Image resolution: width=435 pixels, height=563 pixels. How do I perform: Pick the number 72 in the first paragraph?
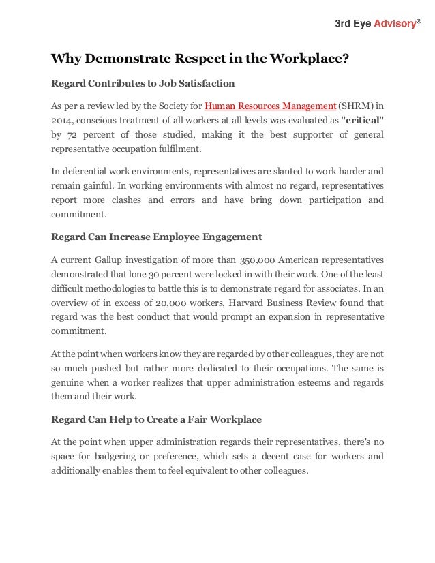[x=72, y=134]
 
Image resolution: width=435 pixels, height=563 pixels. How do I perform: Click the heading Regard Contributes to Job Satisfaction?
[x=143, y=84]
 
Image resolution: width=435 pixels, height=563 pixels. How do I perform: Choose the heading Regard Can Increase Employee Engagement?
[x=157, y=237]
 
